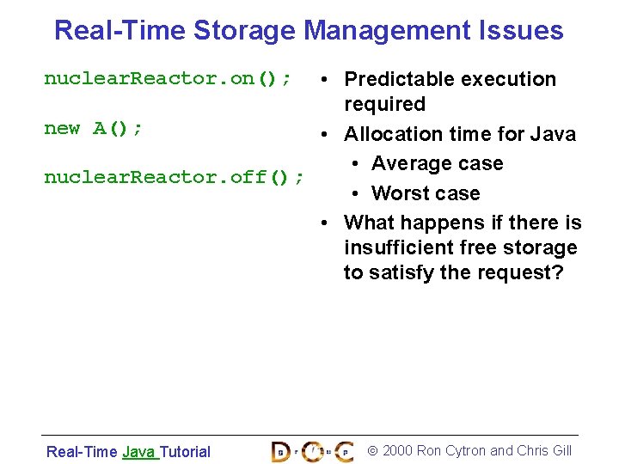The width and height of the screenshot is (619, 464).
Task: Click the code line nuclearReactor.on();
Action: tap(167, 79)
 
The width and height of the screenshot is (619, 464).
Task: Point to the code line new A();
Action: tap(94, 129)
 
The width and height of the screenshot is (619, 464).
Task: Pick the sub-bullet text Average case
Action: tap(437, 163)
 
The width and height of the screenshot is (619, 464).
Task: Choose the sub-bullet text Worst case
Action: tap(426, 193)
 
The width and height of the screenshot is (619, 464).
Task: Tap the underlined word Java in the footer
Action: tap(138, 452)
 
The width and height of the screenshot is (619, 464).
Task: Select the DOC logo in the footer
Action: tap(311, 451)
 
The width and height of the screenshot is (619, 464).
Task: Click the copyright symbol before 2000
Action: tap(372, 451)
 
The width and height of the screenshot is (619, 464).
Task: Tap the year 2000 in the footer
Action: tap(396, 451)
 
